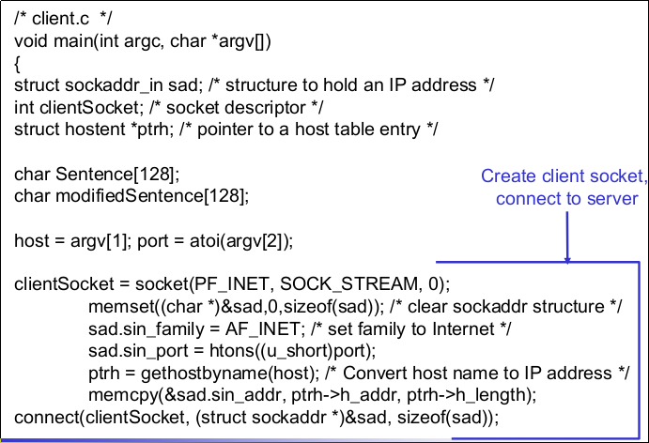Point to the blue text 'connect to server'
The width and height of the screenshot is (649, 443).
point(566,198)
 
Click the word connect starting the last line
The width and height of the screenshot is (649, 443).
point(44,418)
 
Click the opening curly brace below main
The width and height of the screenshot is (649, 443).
point(17,62)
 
